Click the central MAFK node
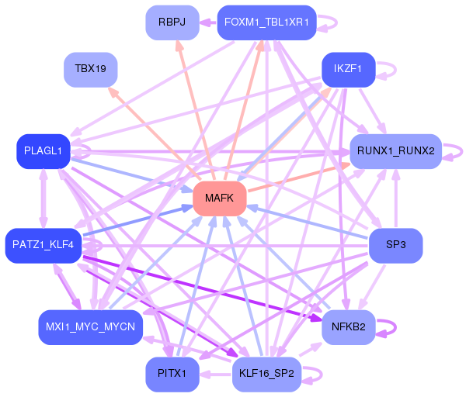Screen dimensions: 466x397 point(220,198)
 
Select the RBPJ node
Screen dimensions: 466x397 point(172,22)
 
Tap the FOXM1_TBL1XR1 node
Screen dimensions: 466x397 point(266,22)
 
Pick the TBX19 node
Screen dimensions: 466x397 point(91,70)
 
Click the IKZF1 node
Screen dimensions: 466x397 point(348,70)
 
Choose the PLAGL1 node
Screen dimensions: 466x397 point(43,151)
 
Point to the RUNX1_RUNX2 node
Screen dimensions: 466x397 point(395,151)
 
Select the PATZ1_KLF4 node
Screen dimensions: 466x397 point(43,245)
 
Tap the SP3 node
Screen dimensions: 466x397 point(395,245)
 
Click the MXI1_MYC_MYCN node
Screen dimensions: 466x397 point(91,327)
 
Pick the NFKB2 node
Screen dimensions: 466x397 point(348,327)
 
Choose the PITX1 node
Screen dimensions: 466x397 point(172,375)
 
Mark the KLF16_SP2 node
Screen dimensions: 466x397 point(266,375)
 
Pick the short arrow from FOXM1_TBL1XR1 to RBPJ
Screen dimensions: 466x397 point(207,22)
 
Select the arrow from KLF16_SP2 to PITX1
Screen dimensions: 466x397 point(216,375)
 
